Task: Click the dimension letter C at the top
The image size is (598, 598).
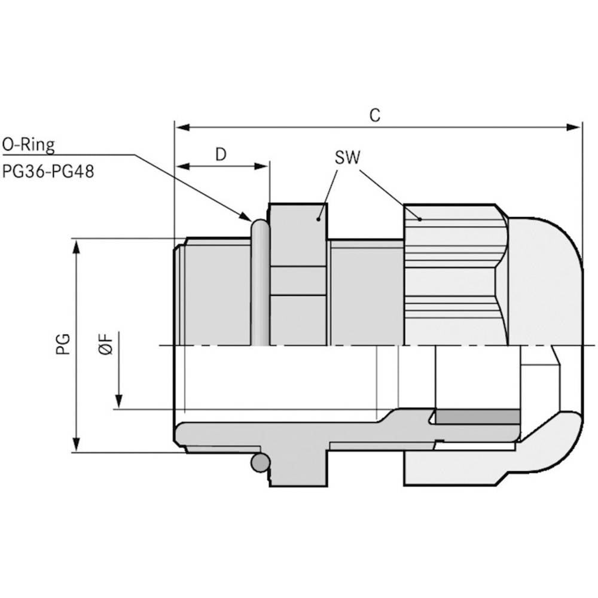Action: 374,115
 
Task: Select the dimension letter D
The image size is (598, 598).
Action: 221,154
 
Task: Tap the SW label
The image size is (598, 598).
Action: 347,158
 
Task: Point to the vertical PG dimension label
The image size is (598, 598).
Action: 64,344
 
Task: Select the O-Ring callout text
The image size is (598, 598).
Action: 28,145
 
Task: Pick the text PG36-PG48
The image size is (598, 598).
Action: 48,172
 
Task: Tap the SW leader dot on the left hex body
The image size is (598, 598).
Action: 319,219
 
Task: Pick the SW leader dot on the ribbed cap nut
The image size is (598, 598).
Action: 420,219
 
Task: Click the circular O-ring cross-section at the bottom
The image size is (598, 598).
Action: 260,462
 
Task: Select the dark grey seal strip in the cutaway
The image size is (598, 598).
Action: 477,417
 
